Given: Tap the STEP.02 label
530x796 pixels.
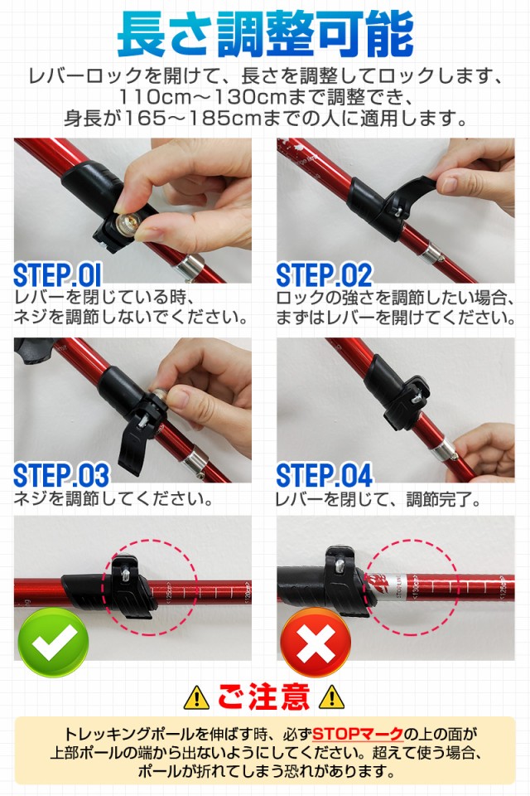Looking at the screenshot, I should pyautogui.click(x=325, y=275).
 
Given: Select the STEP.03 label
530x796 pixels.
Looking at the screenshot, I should pyautogui.click(x=61, y=475).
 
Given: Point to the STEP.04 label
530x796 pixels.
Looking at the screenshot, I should pyautogui.click(x=325, y=475).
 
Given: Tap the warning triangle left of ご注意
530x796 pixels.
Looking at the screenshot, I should pyautogui.click(x=196, y=697).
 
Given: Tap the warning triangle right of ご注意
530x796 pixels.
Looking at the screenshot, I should pyautogui.click(x=331, y=697).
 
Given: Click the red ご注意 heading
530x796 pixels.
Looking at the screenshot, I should pyautogui.click(x=263, y=696).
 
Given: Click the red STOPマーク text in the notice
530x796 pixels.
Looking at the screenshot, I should pyautogui.click(x=358, y=734).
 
